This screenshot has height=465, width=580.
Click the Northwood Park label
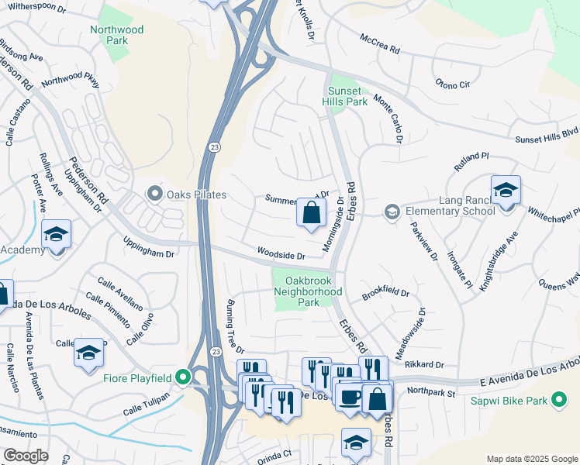coord(116,36)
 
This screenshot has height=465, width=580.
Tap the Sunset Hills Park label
coord(345,95)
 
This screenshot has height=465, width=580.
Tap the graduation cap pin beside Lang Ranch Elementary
coord(506,191)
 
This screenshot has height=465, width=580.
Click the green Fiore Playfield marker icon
coord(183,377)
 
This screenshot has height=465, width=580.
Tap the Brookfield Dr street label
coord(385,294)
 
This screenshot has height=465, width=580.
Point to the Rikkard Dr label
coord(423,364)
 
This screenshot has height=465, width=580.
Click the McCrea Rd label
coord(379,43)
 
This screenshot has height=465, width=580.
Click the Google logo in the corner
coord(25,456)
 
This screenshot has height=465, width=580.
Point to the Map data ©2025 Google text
coord(531,459)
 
